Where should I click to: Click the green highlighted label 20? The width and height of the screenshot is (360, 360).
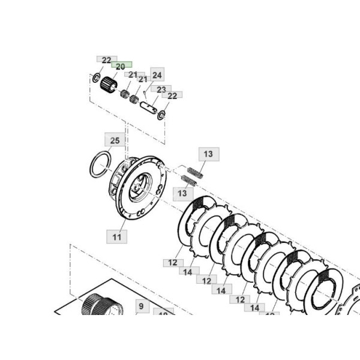pyautogui.click(x=120, y=67)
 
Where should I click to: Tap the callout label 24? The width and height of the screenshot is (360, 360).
pyautogui.click(x=157, y=75)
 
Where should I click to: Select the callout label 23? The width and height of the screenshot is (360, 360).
pyautogui.click(x=161, y=89)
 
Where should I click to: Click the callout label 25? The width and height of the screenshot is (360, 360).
pyautogui.click(x=115, y=140)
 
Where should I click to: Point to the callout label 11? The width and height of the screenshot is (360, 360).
pyautogui.click(x=117, y=237)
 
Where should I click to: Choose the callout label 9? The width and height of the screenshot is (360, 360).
pyautogui.click(x=142, y=306)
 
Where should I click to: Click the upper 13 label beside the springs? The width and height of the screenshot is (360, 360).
pyautogui.click(x=208, y=154)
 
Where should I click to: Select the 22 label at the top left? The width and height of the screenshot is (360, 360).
pyautogui.click(x=106, y=60)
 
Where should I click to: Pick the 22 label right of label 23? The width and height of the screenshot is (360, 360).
pyautogui.click(x=172, y=95)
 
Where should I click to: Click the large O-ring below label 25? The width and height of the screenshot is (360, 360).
pyautogui.click(x=100, y=164)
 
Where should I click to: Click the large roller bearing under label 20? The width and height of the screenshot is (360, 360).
pyautogui.click(x=109, y=84)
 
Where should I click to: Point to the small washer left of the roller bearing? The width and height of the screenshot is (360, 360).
pyautogui.click(x=95, y=78)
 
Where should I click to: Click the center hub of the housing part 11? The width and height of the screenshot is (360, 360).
pyautogui.click(x=140, y=187)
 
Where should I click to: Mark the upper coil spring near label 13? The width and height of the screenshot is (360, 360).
pyautogui.click(x=195, y=170)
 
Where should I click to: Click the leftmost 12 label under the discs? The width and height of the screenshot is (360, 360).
pyautogui.click(x=172, y=263)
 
